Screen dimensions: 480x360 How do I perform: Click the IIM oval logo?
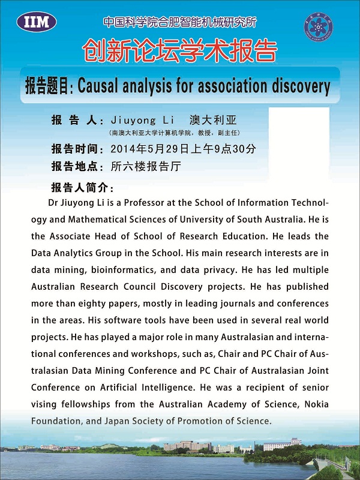[x=37, y=23]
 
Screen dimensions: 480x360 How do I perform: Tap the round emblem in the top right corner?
[x=318, y=25]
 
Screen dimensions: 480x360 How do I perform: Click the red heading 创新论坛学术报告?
[x=179, y=51]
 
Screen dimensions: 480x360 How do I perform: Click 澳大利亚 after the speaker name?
[x=214, y=120]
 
